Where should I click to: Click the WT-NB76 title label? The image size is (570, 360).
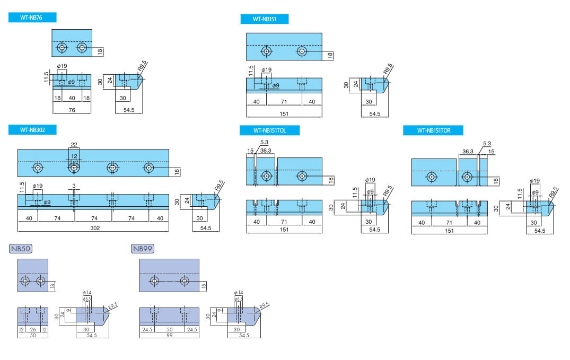coord(32,17)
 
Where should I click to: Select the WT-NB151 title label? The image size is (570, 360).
coord(264,19)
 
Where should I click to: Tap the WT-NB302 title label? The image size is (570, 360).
coord(32,129)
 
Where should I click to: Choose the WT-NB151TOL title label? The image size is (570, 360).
coord(269,130)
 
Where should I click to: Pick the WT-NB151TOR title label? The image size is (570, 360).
coord(433,130)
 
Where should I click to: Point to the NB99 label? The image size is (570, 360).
coord(143,248)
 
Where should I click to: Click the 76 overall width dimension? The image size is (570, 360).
coord(72,110)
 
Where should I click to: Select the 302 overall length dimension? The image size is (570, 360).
coord(94,228)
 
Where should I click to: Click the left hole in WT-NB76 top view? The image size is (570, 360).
coord(63,48)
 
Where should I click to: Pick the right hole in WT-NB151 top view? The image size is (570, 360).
coord(302,52)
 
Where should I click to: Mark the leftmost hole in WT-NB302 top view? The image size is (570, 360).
coord(38,168)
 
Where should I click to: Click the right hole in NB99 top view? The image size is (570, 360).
coord(185,280)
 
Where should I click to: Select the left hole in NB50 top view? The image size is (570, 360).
coord(25,280)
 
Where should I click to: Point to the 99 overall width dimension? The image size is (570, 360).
coord(169,335)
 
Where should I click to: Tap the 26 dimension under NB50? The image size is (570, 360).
coord(33,329)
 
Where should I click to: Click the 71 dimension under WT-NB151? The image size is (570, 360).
coord(284,102)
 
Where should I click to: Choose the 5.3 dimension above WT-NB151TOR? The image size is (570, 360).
coord(487,144)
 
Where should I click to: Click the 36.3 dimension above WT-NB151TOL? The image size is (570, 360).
coord(266,151)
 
